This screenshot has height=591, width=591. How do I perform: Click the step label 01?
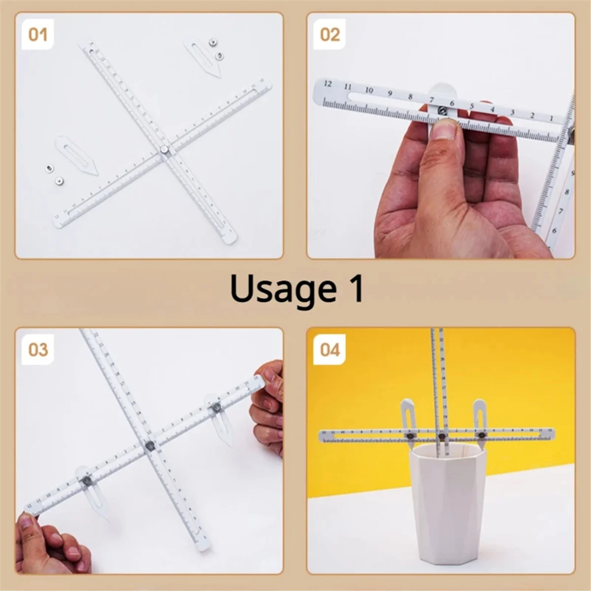point(37,34)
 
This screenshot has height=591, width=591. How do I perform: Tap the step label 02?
point(329,34)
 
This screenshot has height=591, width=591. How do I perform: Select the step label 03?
point(37,350)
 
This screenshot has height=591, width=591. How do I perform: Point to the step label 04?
point(329,350)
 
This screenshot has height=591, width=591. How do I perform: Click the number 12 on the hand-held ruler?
point(328,84)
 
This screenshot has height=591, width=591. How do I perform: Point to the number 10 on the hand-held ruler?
point(369,90)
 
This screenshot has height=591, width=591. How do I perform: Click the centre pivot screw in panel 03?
point(150,446)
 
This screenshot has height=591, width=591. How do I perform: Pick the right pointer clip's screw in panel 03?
point(216,407)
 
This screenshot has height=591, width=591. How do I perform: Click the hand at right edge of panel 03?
point(268,409)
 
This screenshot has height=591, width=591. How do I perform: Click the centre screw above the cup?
point(442,436)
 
